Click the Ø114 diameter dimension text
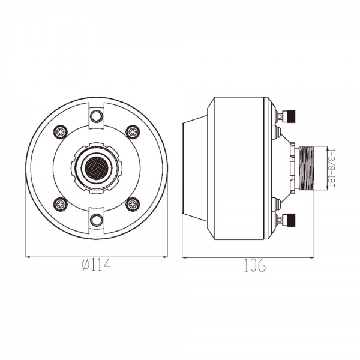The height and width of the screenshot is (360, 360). pyautogui.click(x=96, y=265)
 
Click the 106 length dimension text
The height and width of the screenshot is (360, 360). pyautogui.click(x=254, y=265)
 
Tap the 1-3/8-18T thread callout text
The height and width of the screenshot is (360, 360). pyautogui.click(x=332, y=168)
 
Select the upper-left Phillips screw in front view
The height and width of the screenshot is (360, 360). pyautogui.click(x=61, y=132)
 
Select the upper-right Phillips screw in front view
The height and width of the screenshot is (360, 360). pyautogui.click(x=133, y=132)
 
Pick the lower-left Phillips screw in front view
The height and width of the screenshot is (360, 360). pyautogui.click(x=61, y=204)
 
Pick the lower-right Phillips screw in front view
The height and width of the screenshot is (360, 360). pyautogui.click(x=133, y=204)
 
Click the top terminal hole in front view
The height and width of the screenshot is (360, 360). pyautogui.click(x=97, y=116)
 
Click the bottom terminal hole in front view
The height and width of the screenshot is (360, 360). pyautogui.click(x=97, y=220)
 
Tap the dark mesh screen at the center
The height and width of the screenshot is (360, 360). pyautogui.click(x=97, y=168)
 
